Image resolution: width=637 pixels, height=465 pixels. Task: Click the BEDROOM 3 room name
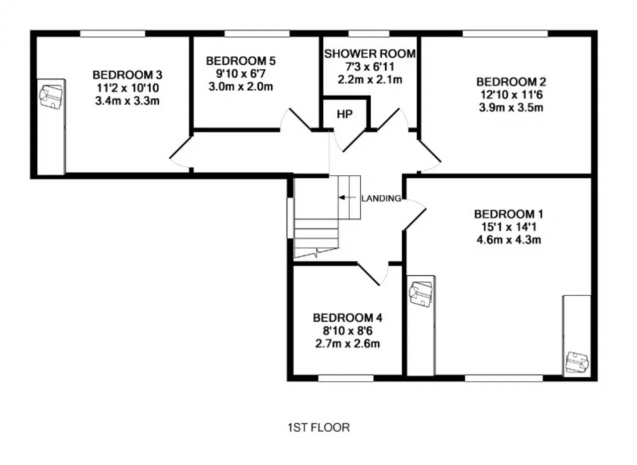click(x=127, y=75)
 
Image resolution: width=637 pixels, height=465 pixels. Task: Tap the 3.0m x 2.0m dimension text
click(x=241, y=87)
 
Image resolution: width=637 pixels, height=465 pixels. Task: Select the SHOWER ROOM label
click(x=370, y=54)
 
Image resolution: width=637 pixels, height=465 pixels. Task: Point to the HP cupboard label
click(x=345, y=114)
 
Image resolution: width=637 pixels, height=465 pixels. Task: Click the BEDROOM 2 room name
click(x=511, y=82)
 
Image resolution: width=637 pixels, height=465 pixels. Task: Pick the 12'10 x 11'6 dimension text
click(x=511, y=95)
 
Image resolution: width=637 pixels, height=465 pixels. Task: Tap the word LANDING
click(x=381, y=198)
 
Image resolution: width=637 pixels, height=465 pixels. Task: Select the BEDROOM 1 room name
click(x=509, y=214)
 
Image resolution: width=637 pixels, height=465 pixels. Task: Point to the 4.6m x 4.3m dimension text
click(x=509, y=240)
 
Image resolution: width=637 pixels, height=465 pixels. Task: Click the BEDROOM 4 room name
click(x=347, y=318)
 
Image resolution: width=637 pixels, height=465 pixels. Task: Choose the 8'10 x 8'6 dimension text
click(x=347, y=331)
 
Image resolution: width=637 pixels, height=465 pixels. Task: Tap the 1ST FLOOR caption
click(x=318, y=428)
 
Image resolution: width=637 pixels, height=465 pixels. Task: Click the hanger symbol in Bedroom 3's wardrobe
click(x=51, y=97)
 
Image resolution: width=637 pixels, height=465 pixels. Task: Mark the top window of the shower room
click(x=369, y=33)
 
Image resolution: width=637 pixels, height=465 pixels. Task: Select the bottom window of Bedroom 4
click(x=345, y=378)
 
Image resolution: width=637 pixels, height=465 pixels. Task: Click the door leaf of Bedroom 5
click(x=300, y=119)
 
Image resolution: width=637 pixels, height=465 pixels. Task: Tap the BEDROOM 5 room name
click(x=241, y=61)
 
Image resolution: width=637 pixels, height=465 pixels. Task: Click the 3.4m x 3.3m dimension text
click(x=127, y=101)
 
